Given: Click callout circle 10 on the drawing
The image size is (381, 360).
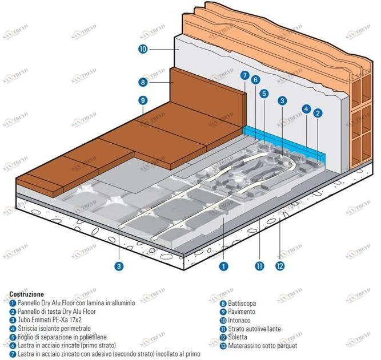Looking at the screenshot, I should [x=143, y=50].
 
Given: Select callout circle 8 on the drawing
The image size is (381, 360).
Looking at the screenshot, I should [x=143, y=82].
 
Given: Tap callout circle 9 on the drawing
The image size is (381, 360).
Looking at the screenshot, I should [x=143, y=100].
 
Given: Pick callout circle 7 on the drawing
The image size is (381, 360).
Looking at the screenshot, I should [x=244, y=75].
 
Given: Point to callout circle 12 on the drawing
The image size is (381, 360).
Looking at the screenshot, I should [x=280, y=265].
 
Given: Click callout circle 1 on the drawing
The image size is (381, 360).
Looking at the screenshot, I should [x=223, y=265].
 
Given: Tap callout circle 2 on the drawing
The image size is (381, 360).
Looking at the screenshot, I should [x=318, y=112].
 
